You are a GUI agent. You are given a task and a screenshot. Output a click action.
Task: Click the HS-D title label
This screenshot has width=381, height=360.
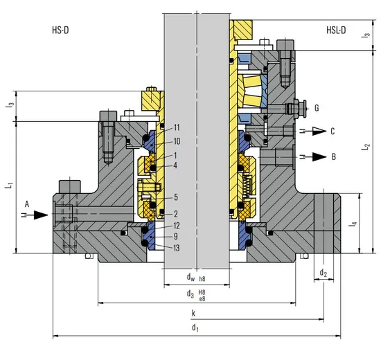click(62, 31)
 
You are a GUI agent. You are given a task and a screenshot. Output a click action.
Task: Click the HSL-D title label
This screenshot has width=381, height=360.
click(339, 31)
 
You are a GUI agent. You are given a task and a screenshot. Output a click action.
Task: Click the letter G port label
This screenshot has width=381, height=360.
click(317, 108)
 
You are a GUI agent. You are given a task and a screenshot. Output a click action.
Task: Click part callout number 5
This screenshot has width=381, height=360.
click(176, 197)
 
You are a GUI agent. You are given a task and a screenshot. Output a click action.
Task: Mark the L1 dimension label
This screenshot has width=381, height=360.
click(8, 187)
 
